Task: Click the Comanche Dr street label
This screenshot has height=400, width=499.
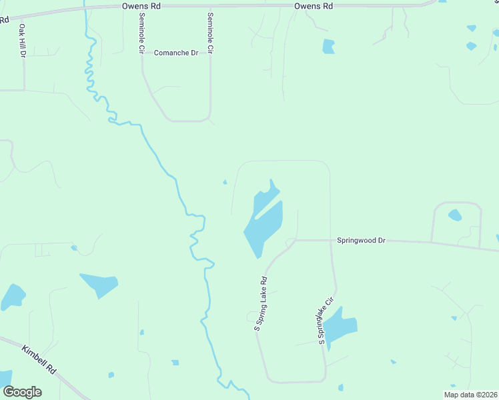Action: point(176,53)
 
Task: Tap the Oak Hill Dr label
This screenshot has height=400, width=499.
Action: point(22,41)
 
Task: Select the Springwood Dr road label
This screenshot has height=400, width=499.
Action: point(361,240)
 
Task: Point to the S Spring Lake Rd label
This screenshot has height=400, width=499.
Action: point(260,303)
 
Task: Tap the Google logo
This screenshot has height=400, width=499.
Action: point(22,392)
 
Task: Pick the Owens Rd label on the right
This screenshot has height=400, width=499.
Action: point(314,6)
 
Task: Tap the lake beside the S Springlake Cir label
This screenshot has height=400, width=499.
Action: point(342,327)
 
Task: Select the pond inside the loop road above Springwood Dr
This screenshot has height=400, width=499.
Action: point(454,215)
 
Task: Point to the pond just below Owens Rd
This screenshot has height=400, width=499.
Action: point(328,47)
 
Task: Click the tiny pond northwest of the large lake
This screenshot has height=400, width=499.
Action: point(225,182)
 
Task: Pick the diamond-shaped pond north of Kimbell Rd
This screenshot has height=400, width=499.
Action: point(99,284)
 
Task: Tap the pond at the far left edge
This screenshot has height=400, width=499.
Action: point(12,297)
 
